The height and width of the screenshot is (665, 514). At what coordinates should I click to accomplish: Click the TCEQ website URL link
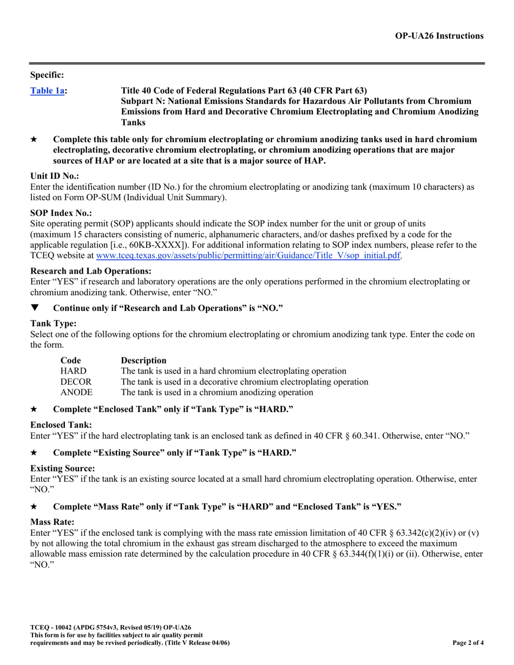click(x=248, y=255)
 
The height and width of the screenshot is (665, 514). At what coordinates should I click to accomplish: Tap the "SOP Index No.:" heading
click(x=61, y=214)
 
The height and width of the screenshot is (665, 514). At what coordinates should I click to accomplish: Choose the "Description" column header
click(x=144, y=360)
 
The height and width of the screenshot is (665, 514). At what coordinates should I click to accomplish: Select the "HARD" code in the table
click(x=74, y=371)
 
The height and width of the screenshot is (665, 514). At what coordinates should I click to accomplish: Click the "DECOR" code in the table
click(x=76, y=382)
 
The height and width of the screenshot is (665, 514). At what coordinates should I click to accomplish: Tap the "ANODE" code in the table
click(x=76, y=392)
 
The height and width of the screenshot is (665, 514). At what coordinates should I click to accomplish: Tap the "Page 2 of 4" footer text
click(x=468, y=643)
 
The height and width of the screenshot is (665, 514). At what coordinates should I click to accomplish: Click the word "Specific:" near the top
click(x=47, y=75)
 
